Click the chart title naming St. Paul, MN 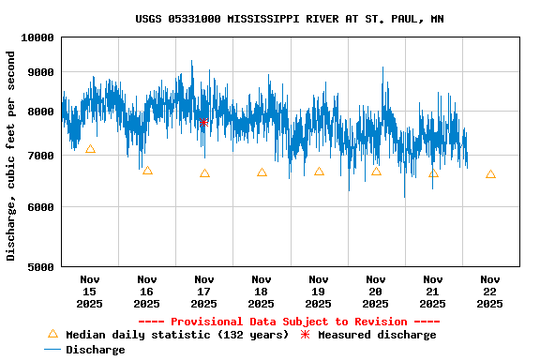(290, 19)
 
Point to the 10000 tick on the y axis (37, 37)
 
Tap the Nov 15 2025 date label (90, 291)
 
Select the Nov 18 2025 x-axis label (262, 291)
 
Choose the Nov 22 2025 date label (490, 291)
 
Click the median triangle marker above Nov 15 (90, 149)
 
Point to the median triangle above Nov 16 (147, 171)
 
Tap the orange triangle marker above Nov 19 (319, 172)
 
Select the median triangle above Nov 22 (490, 174)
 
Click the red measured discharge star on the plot (203, 122)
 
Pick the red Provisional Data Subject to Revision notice (290, 322)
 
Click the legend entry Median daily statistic (169, 335)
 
